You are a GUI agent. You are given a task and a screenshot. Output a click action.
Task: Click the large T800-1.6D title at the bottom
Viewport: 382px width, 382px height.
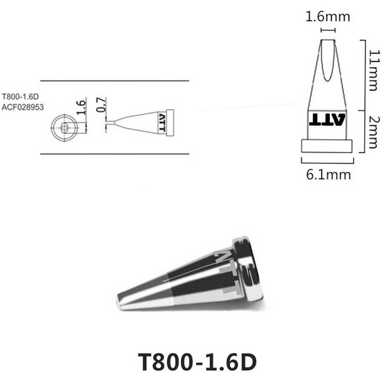coord(197,362)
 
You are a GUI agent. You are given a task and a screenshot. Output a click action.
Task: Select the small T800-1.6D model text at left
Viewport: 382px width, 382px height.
coord(21,97)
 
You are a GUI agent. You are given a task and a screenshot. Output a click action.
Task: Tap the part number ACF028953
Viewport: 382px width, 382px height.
coord(23,107)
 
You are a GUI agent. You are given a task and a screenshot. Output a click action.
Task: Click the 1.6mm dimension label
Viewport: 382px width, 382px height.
coord(328,17)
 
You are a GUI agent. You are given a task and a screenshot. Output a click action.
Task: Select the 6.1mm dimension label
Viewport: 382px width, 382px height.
coord(328,175)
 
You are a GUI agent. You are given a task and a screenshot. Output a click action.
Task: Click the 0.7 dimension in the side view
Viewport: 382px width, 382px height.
coord(101,105)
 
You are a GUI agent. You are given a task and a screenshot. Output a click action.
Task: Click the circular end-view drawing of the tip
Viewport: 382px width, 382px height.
coord(65,128)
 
